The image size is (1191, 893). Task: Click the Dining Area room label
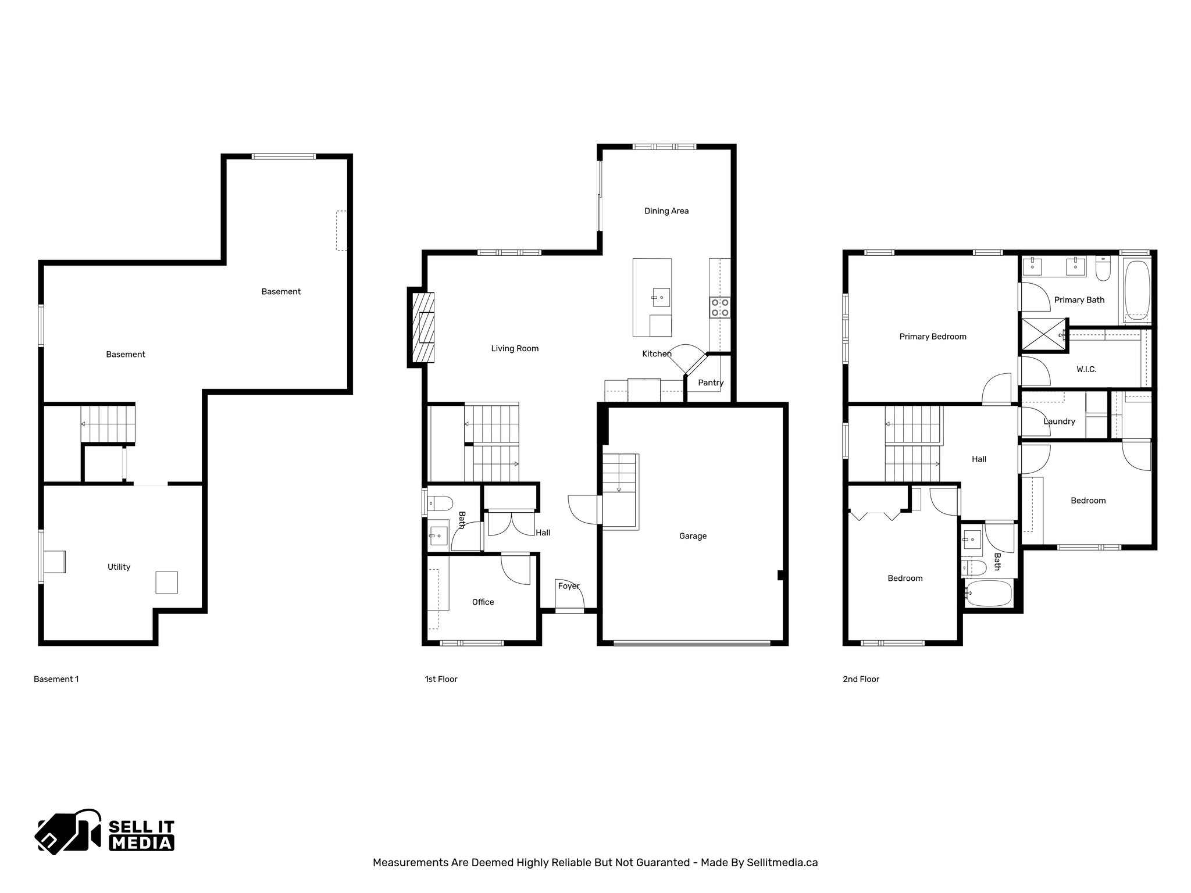click(x=666, y=211)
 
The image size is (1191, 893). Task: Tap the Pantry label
click(x=711, y=383)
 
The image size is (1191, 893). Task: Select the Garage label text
click(x=693, y=536)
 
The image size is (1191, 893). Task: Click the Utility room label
click(x=119, y=567)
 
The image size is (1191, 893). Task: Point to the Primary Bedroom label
click(x=932, y=337)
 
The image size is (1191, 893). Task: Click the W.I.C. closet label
click(x=1086, y=369)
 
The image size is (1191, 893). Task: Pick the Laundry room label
click(x=1059, y=422)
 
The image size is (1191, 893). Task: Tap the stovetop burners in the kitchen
click(x=720, y=308)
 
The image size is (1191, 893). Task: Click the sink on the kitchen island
click(x=661, y=298)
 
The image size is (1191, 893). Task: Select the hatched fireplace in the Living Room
click(x=423, y=327)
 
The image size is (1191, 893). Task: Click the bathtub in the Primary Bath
click(x=1136, y=291)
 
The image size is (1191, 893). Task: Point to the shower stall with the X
click(x=1044, y=335)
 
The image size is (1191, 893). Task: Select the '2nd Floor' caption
click(x=861, y=679)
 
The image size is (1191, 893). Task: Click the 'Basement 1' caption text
click(x=56, y=679)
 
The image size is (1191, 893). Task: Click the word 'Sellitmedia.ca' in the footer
click(x=782, y=863)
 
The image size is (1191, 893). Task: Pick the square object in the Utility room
click(x=166, y=582)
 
